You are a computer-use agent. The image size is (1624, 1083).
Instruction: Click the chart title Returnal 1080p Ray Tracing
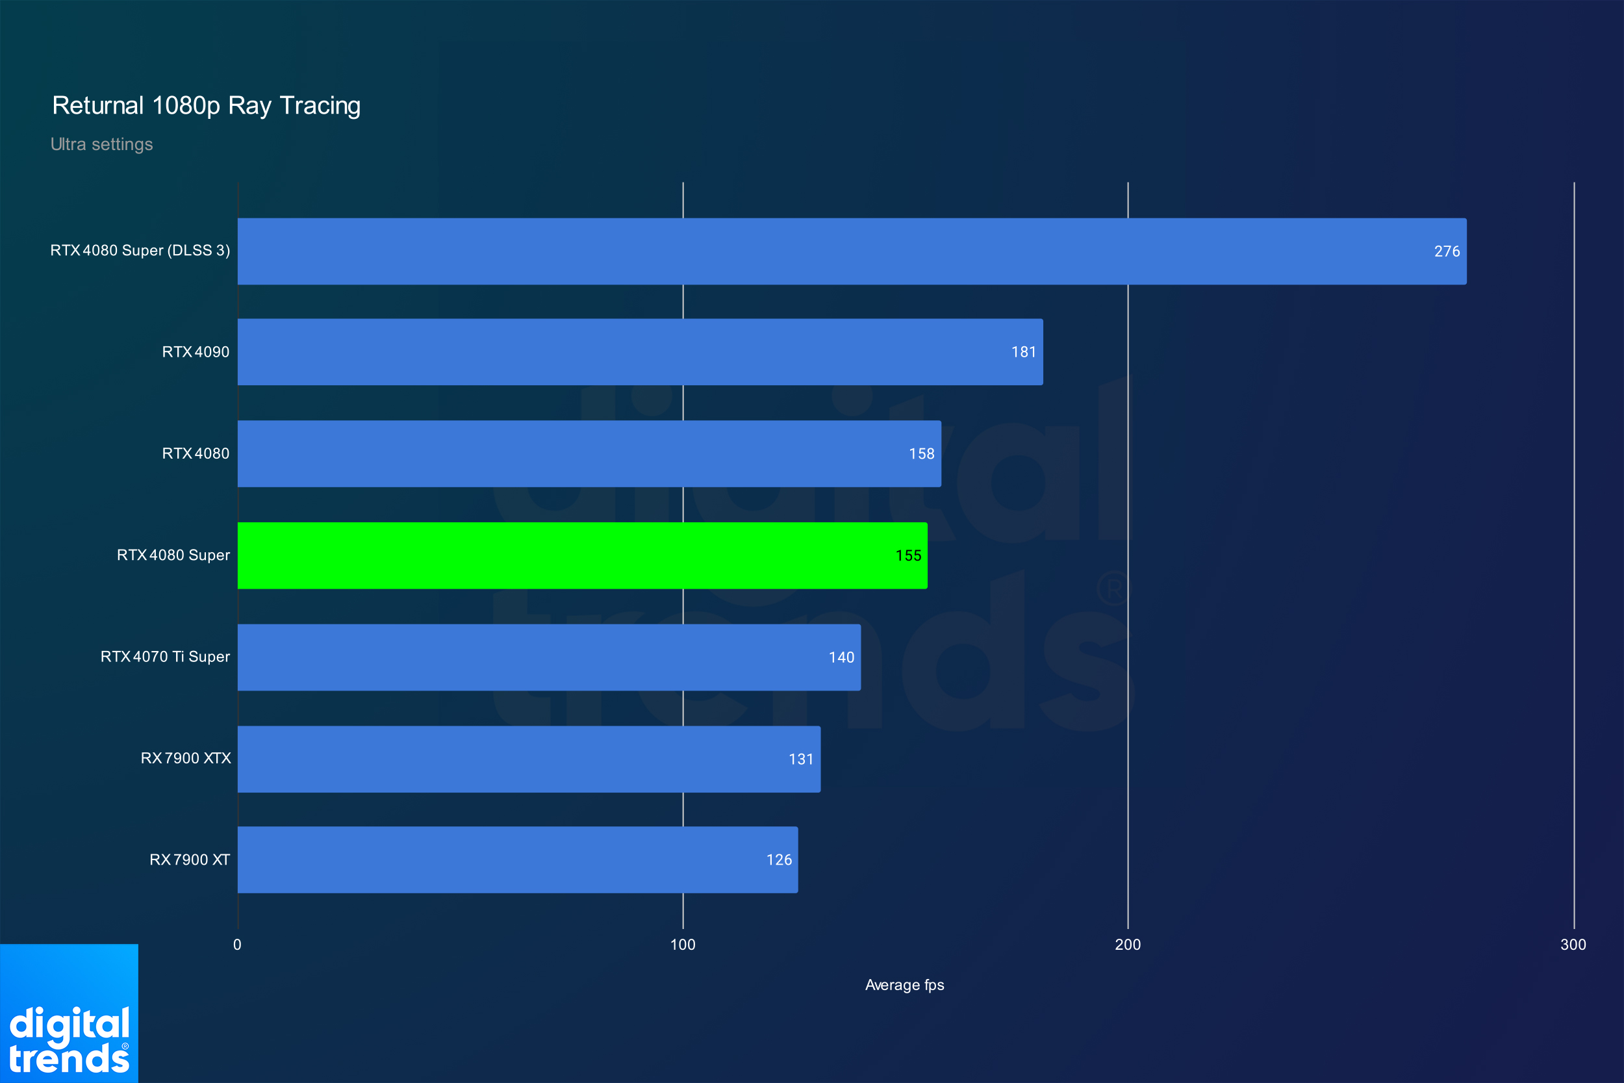click(207, 106)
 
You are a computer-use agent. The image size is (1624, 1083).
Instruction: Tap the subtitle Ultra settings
click(101, 144)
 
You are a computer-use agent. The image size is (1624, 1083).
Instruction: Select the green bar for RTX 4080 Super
click(582, 555)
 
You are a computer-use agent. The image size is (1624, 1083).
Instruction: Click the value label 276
click(1447, 251)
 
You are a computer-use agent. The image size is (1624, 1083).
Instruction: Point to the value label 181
click(1023, 352)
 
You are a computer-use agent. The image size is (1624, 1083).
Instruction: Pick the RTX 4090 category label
click(196, 352)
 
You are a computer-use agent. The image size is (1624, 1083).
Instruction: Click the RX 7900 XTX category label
click(186, 758)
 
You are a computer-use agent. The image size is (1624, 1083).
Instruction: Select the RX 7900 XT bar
click(518, 860)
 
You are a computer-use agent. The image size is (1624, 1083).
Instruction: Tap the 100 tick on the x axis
click(683, 945)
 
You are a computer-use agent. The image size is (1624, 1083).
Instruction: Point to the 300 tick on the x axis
click(1573, 945)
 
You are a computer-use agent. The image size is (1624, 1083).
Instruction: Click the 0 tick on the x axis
click(238, 945)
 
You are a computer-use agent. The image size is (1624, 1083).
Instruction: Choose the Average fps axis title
click(904, 985)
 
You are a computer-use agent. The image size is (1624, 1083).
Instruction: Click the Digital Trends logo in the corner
click(69, 1013)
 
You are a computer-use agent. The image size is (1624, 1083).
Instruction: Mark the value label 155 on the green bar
click(908, 556)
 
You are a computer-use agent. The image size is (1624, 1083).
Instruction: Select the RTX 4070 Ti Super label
click(165, 657)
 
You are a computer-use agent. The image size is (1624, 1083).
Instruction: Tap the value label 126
click(779, 860)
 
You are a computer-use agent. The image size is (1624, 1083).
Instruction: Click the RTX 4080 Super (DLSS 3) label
click(140, 251)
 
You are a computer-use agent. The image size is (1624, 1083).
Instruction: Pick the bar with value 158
click(589, 453)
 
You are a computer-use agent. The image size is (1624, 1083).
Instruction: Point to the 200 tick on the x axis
click(1128, 945)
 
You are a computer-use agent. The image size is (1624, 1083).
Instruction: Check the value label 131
click(801, 759)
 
